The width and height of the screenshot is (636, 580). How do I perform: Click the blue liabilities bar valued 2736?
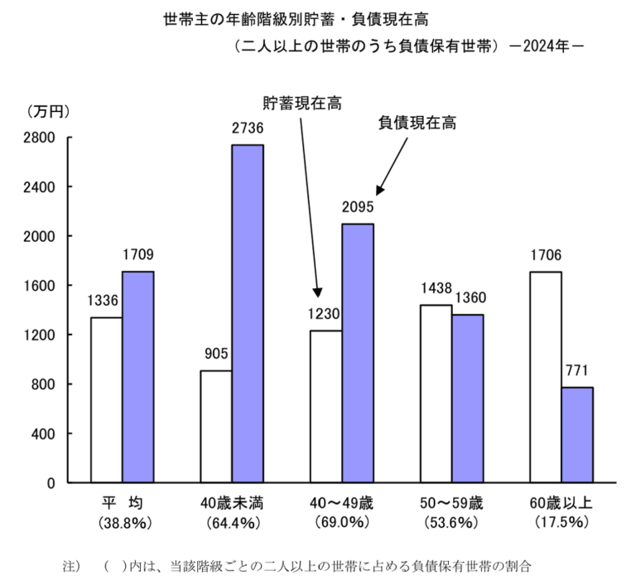pos(247,313)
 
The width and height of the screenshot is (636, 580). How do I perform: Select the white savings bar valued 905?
pos(215,426)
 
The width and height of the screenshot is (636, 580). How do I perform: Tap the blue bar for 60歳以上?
pos(576,434)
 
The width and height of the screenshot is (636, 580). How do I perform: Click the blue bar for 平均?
pos(137,376)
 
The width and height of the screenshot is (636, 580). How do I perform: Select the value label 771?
pos(576,370)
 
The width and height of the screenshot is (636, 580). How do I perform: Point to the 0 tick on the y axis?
pos(51,482)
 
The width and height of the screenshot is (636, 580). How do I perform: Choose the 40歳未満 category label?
pos(231,503)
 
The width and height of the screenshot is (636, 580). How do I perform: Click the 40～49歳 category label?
pos(341,503)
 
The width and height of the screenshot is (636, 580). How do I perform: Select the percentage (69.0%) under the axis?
pos(341,523)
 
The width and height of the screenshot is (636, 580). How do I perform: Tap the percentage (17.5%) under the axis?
pos(561,523)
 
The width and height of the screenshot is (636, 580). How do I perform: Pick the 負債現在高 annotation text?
pos(417,123)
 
